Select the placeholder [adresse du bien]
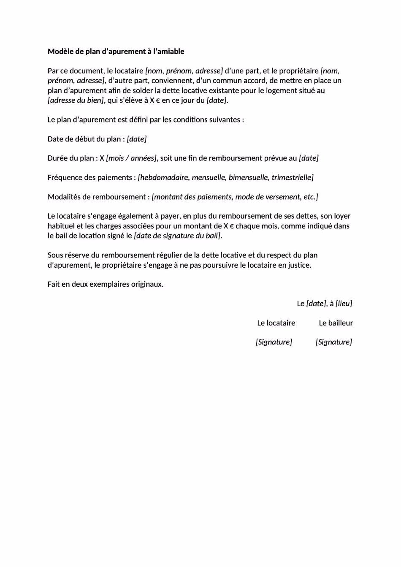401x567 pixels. coord(76,100)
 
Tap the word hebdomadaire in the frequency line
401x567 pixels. coord(163,177)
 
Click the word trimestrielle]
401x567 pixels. coord(293,177)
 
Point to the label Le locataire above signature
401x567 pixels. coord(276,323)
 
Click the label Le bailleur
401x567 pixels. coord(336,323)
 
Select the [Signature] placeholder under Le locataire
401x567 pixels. coord(274,342)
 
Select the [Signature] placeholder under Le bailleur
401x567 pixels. coord(333,342)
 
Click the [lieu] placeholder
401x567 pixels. coord(344,304)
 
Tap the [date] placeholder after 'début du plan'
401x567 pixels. coord(137,139)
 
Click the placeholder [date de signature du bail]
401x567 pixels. coord(177,236)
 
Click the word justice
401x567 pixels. coord(300,265)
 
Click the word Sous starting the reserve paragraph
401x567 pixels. coord(55,255)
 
